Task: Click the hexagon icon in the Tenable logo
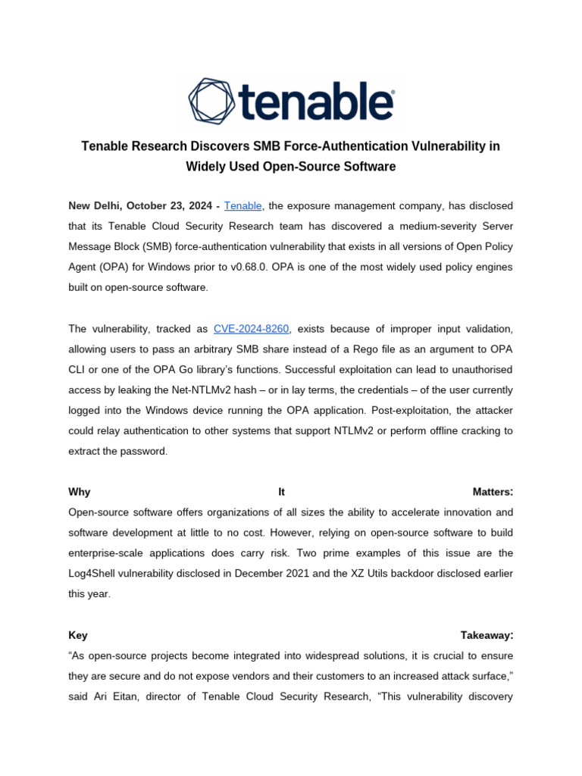coord(213,100)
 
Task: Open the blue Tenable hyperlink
coord(243,206)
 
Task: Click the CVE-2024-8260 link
coord(252,328)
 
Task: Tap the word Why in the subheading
coord(79,492)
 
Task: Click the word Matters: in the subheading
coord(492,492)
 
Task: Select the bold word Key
coord(78,635)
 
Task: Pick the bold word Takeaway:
coord(487,635)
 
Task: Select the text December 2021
coord(274,574)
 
